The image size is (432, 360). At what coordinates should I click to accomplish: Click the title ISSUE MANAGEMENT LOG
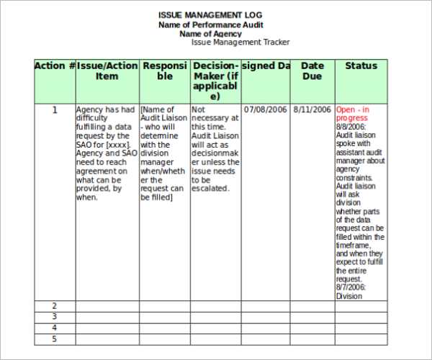tap(210, 15)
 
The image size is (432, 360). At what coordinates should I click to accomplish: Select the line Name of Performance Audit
tap(210, 24)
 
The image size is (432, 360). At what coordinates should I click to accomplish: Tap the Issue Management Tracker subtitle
tap(240, 42)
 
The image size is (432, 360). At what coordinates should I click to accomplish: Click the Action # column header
tap(55, 66)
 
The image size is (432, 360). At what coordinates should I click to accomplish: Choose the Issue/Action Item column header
tap(107, 71)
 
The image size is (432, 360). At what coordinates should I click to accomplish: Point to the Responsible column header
tap(165, 71)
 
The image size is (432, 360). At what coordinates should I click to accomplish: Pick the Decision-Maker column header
tap(215, 81)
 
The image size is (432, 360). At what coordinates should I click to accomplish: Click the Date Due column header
tap(312, 71)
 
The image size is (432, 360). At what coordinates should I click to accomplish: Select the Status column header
tap(361, 66)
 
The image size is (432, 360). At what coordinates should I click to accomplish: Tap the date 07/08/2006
tap(266, 110)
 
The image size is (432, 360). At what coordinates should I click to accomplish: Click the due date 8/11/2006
tap(312, 110)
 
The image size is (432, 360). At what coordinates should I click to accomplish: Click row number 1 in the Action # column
tap(55, 110)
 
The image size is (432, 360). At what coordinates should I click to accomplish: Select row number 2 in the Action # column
tap(55, 306)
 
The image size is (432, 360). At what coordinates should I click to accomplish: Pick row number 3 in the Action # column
tap(55, 317)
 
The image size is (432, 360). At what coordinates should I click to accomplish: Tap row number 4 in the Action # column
tap(55, 328)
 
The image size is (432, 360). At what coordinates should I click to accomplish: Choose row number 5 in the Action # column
tap(55, 338)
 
